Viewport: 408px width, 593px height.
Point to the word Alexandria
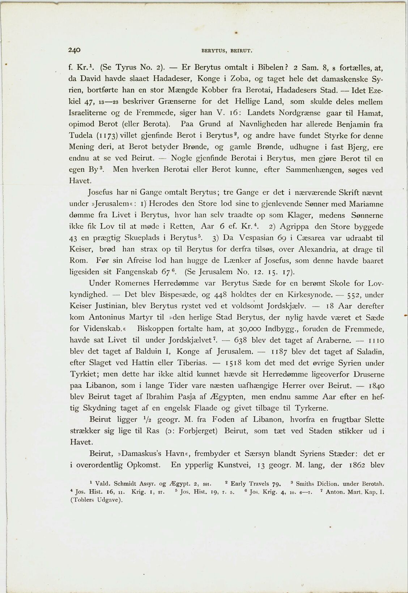coord(321,249)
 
